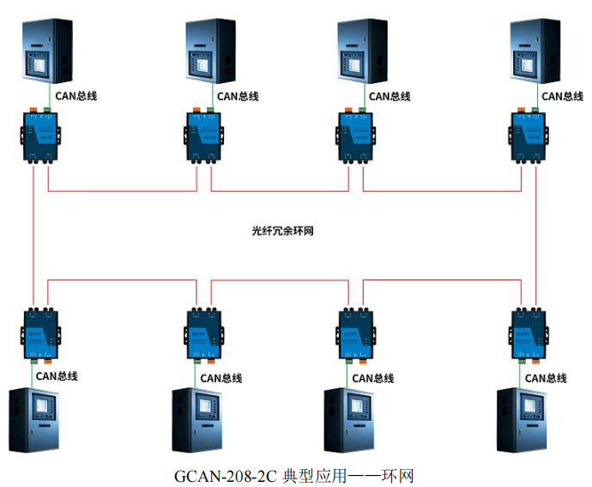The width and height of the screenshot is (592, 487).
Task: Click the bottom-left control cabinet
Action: click(x=34, y=420)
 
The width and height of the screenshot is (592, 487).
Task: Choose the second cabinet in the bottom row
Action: click(x=197, y=420)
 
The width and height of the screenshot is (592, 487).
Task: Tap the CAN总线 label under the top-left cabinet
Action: click(x=76, y=96)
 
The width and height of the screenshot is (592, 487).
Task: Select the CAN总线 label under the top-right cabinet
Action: click(x=563, y=96)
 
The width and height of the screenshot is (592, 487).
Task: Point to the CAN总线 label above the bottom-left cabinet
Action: click(x=57, y=376)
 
